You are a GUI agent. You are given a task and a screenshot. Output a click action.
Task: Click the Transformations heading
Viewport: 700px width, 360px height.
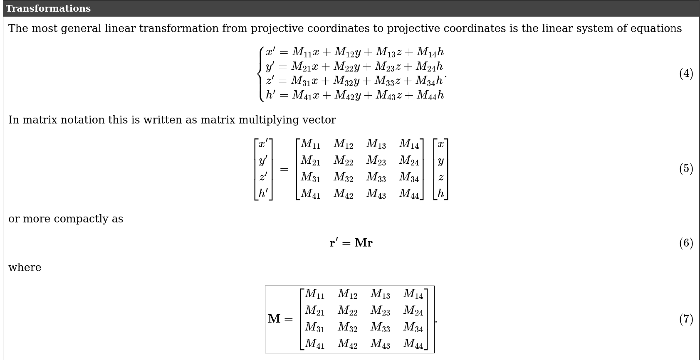click(x=48, y=9)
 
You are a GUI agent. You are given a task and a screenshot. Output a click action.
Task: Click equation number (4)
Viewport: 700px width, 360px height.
click(x=686, y=74)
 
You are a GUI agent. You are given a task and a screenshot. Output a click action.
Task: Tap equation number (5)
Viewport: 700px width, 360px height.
click(x=686, y=169)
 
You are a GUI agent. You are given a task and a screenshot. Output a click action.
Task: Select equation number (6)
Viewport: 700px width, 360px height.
click(x=686, y=243)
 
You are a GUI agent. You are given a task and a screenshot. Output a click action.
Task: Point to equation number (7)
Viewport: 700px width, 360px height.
click(x=686, y=319)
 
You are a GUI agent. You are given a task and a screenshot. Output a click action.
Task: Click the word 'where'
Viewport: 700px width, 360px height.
click(x=25, y=268)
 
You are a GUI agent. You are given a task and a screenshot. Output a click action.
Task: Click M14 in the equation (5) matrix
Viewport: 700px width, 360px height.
click(x=409, y=144)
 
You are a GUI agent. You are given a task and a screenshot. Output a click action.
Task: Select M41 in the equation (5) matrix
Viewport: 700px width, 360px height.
click(x=310, y=194)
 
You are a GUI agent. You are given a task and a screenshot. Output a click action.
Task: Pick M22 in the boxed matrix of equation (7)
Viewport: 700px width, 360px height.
click(x=347, y=311)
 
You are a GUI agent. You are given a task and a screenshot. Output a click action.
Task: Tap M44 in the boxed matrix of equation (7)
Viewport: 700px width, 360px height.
click(x=413, y=344)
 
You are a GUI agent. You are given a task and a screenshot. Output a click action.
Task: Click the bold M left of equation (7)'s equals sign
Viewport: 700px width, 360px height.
click(x=274, y=319)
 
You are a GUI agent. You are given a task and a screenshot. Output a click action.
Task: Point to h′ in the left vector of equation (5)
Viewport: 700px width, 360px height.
click(x=263, y=193)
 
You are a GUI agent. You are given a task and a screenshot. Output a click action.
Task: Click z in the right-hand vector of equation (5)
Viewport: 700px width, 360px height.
click(x=441, y=178)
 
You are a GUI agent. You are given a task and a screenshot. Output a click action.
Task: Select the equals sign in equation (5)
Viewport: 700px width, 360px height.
click(x=284, y=170)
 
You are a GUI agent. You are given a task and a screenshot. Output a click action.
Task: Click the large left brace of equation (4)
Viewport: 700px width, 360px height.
click(x=261, y=74)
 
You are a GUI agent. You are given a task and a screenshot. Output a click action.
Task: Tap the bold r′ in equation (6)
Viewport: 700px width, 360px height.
click(x=334, y=243)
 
